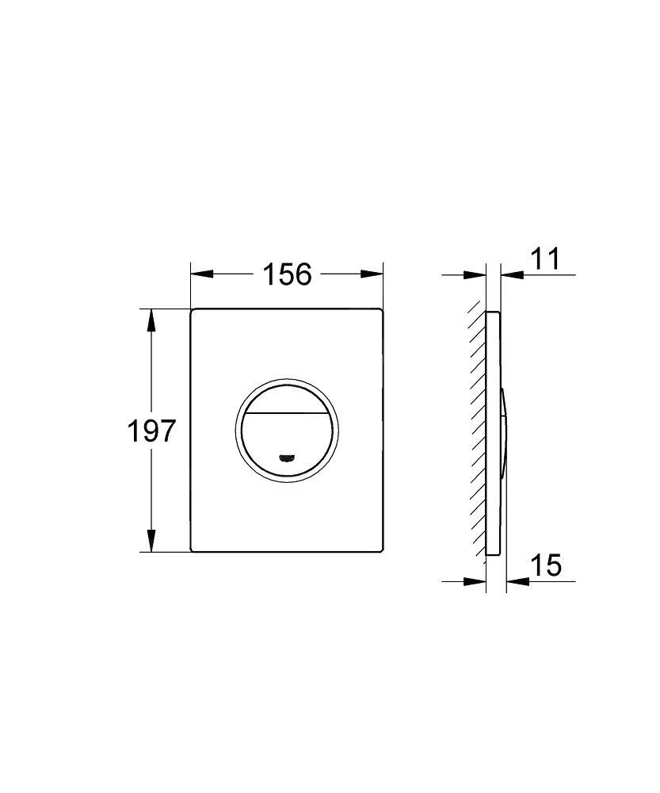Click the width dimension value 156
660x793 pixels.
click(287, 274)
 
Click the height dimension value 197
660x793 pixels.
click(151, 431)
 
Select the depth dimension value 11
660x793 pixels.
click(544, 259)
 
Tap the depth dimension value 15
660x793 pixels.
click(545, 565)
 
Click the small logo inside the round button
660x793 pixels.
click(287, 458)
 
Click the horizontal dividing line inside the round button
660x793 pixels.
click(287, 414)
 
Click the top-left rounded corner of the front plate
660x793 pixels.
click(194, 312)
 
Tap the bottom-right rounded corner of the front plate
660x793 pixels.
click(380, 548)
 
